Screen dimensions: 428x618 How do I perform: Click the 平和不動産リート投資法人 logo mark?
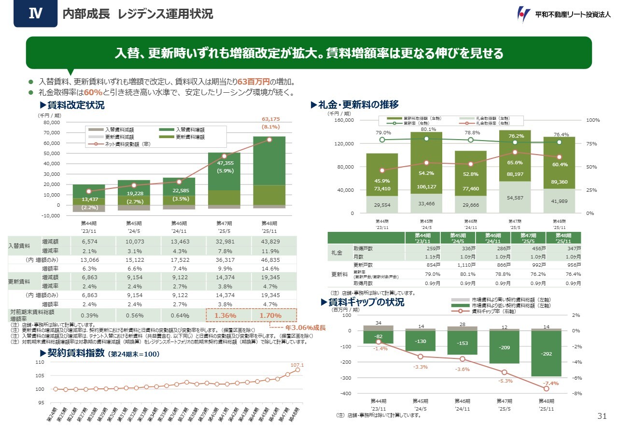pos(524,14)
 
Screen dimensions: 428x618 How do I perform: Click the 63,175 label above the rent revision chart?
pos(271,119)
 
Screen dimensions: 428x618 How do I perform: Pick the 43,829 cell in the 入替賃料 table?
pos(270,241)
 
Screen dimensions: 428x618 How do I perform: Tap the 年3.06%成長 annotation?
pos(306,327)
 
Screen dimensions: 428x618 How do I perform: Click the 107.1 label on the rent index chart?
pos(296,364)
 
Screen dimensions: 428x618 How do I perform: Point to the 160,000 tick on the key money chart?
pos(345,120)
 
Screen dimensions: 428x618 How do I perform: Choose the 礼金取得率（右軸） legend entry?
pos(492,123)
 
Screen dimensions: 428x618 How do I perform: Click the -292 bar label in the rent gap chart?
pos(546,353)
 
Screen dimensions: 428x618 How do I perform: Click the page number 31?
pos(602,416)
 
